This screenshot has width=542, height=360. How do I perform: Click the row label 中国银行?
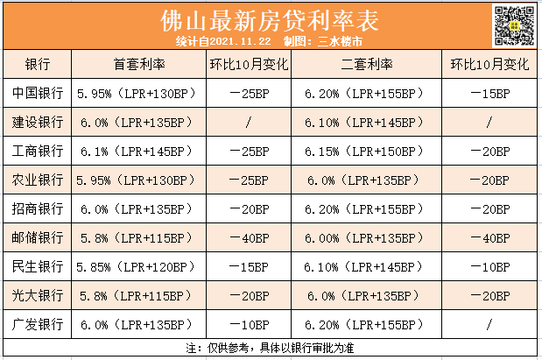coord(38,93)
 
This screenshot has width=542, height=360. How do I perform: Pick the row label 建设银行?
coord(38,122)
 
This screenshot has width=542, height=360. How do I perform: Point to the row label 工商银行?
coord(38,151)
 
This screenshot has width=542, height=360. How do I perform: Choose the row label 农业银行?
coord(38,180)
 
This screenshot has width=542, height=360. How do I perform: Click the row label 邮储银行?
coord(38,237)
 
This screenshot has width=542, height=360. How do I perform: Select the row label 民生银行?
coord(38,266)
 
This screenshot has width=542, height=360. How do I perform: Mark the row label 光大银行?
coord(38,295)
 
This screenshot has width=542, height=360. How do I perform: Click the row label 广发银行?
coord(38,324)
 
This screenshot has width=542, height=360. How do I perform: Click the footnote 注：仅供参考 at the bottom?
coord(270,348)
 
